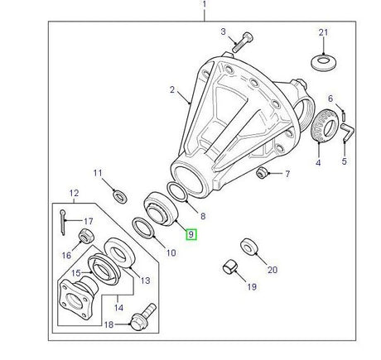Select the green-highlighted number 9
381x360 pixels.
191,235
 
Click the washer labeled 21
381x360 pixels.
323,62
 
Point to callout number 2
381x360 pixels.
172,89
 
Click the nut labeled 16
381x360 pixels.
84,240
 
